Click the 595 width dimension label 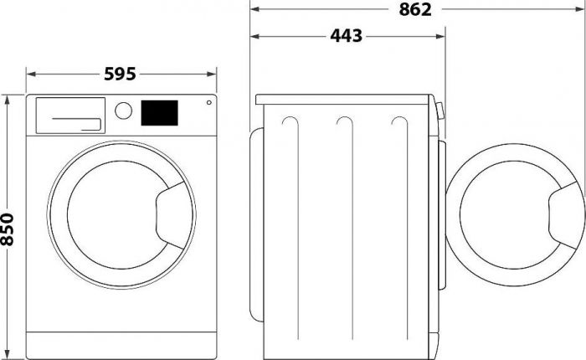[120, 75]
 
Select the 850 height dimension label [8, 229]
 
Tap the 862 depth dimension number [415, 10]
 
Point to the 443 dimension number [347, 36]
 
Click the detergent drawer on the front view [69, 115]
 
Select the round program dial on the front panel [124, 111]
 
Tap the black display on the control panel [160, 112]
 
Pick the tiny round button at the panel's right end [208, 104]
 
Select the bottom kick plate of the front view [121, 342]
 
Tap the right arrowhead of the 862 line [578, 9]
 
